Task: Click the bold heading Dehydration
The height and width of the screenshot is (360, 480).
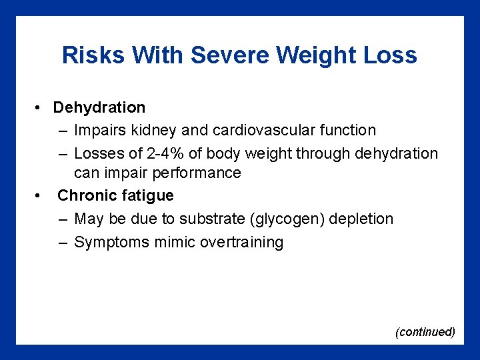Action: pyautogui.click(x=99, y=107)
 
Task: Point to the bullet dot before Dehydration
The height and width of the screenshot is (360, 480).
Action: pyautogui.click(x=41, y=108)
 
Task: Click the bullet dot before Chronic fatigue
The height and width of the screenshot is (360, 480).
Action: pyautogui.click(x=41, y=196)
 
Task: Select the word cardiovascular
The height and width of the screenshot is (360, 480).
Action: pyautogui.click(x=265, y=131)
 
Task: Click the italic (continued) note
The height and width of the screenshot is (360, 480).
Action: pyautogui.click(x=425, y=331)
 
